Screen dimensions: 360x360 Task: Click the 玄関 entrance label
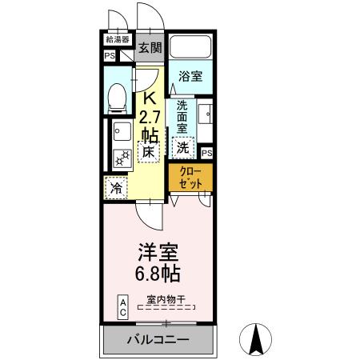pyautogui.click(x=150, y=48)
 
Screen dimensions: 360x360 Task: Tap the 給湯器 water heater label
pyautogui.click(x=117, y=39)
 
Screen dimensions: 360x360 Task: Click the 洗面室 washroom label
pyautogui.click(x=182, y=116)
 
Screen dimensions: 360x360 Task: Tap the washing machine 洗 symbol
pyautogui.click(x=183, y=147)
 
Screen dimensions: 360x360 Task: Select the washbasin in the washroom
pyautogui.click(x=206, y=114)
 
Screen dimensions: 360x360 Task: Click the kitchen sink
pyautogui.click(x=120, y=131)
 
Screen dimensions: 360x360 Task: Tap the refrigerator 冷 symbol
pyautogui.click(x=115, y=189)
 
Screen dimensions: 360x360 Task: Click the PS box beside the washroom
pyautogui.click(x=206, y=153)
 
